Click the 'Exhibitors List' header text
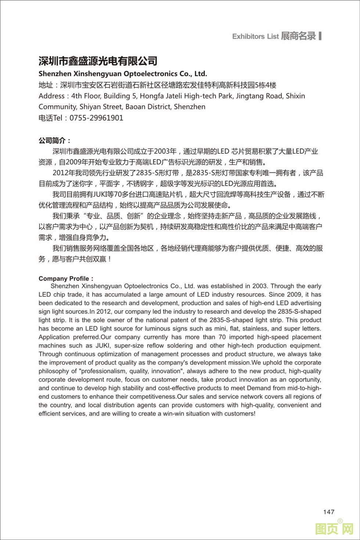(x=255, y=36)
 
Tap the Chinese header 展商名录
(x=298, y=36)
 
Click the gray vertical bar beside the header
(x=320, y=36)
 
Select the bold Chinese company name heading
(x=98, y=61)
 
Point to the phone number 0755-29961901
(x=96, y=118)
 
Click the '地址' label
(x=46, y=85)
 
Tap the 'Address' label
(x=51, y=96)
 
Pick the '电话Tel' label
(x=51, y=118)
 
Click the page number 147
(x=329, y=512)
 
